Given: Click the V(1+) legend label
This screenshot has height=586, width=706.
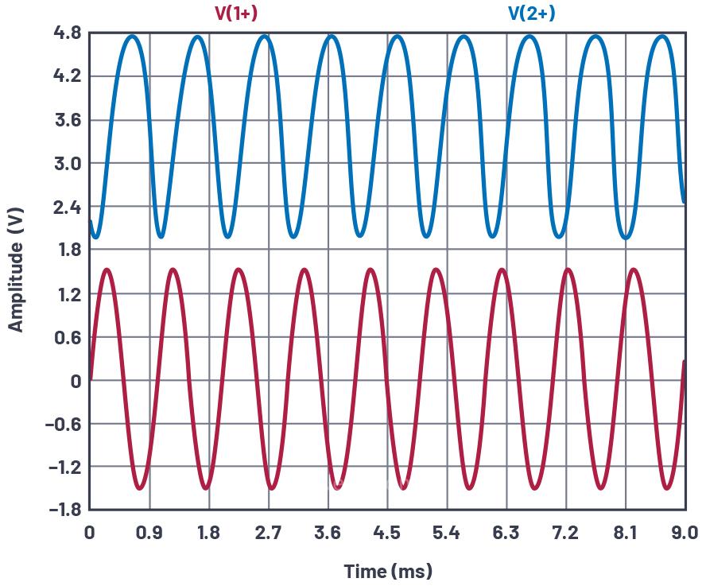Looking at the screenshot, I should click(x=236, y=14).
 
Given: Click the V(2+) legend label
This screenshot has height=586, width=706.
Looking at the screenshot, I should click(x=531, y=14).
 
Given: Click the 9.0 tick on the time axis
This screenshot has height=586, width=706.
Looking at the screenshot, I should click(x=685, y=533).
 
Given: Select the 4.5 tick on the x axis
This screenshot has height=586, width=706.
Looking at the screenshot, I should click(x=387, y=533).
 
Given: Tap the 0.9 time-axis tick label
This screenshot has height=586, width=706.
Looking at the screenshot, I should click(x=149, y=533).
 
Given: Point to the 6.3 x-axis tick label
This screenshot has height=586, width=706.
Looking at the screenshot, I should click(x=506, y=533).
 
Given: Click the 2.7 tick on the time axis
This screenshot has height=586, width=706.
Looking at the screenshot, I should click(x=269, y=533).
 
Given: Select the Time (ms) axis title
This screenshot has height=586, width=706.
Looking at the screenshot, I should click(x=388, y=571).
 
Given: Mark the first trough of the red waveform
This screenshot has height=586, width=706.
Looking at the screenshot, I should click(x=140, y=488).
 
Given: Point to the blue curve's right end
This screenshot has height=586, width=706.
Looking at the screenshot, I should click(x=685, y=201).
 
